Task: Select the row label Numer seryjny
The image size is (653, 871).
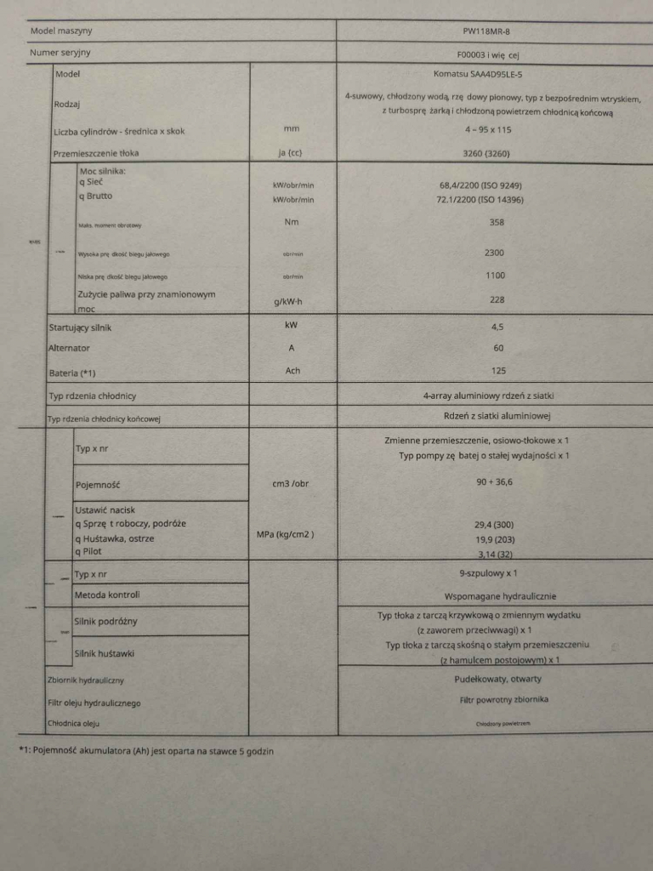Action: pos(60,53)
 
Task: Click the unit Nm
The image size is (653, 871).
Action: pos(292,222)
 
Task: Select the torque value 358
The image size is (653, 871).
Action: pos(497,222)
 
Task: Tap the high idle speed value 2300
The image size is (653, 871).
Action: pos(494,253)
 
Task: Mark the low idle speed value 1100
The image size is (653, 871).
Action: pos(494,276)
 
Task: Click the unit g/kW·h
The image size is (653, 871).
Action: pos(292,302)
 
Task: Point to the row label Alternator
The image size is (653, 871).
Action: pos(69,348)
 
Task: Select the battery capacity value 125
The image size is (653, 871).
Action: pos(498,371)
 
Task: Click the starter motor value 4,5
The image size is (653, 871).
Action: pos(498,325)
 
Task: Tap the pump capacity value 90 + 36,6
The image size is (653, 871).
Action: pos(494,481)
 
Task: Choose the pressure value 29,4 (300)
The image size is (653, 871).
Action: pos(494,524)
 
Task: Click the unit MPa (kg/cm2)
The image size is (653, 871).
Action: pos(286,534)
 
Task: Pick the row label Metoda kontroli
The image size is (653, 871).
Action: pos(107,595)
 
